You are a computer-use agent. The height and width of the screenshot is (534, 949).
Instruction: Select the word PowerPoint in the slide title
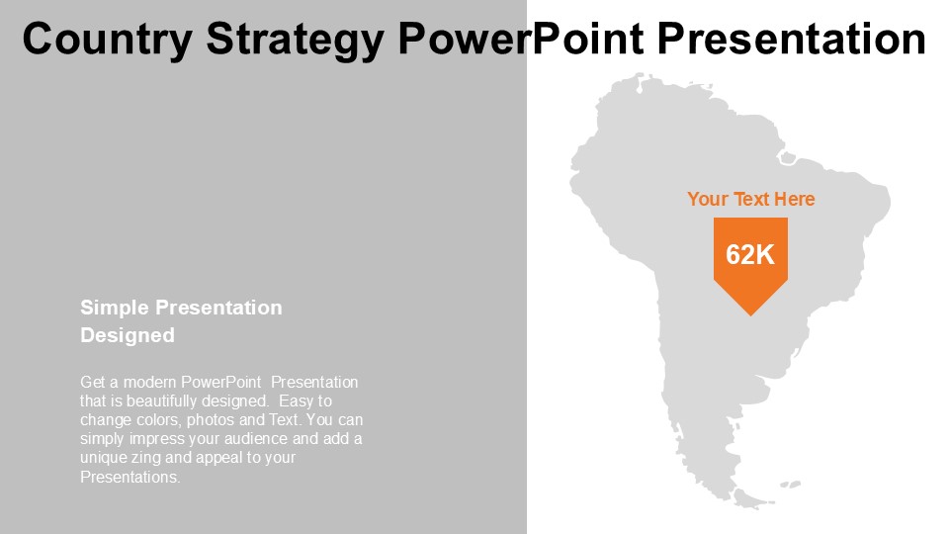(x=521, y=39)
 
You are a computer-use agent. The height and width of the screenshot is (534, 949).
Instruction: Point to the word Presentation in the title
(x=792, y=39)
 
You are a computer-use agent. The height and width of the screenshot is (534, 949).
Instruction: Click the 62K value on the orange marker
(x=750, y=254)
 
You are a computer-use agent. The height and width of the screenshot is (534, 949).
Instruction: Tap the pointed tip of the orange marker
(x=750, y=314)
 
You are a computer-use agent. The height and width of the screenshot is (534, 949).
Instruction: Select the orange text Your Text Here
(x=750, y=199)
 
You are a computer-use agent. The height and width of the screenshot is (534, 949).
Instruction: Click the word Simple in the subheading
(x=115, y=309)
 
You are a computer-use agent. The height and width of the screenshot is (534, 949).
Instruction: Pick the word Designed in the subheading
(x=128, y=335)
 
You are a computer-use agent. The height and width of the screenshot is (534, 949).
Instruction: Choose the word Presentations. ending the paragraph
(x=130, y=477)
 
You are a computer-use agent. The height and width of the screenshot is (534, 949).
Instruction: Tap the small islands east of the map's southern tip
(x=791, y=485)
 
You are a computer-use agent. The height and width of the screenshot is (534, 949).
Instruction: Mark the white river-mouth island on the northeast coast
(x=787, y=158)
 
